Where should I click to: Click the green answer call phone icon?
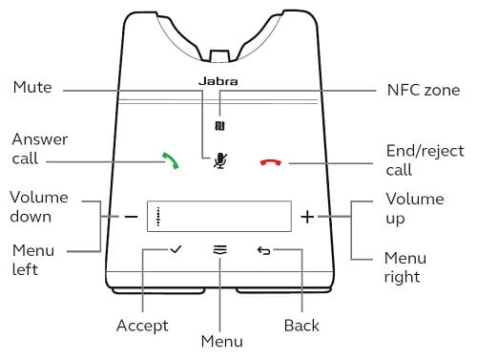171,160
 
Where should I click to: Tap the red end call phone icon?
271,162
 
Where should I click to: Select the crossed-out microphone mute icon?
220,160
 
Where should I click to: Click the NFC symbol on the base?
219,126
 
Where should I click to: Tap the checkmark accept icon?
176,249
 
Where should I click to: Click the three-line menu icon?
220,250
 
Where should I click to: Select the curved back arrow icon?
264,251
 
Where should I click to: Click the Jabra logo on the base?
218,81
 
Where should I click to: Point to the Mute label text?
32,87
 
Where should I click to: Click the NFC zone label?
424,90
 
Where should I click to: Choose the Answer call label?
40,149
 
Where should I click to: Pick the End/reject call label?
425,160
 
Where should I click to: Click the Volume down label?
39,207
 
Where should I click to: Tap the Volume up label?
415,209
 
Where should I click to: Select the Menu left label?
33,260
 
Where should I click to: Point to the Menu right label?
405,267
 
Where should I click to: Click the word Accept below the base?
142,326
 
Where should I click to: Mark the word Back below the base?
301,326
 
